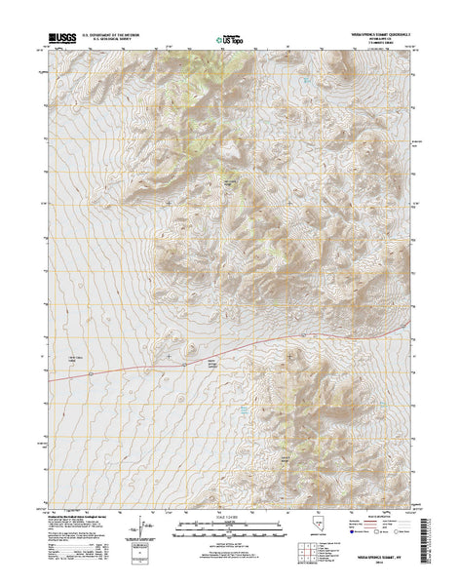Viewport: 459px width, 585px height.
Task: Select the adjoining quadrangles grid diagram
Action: [315, 556]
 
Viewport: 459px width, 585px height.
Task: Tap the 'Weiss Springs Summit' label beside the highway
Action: [209, 364]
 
